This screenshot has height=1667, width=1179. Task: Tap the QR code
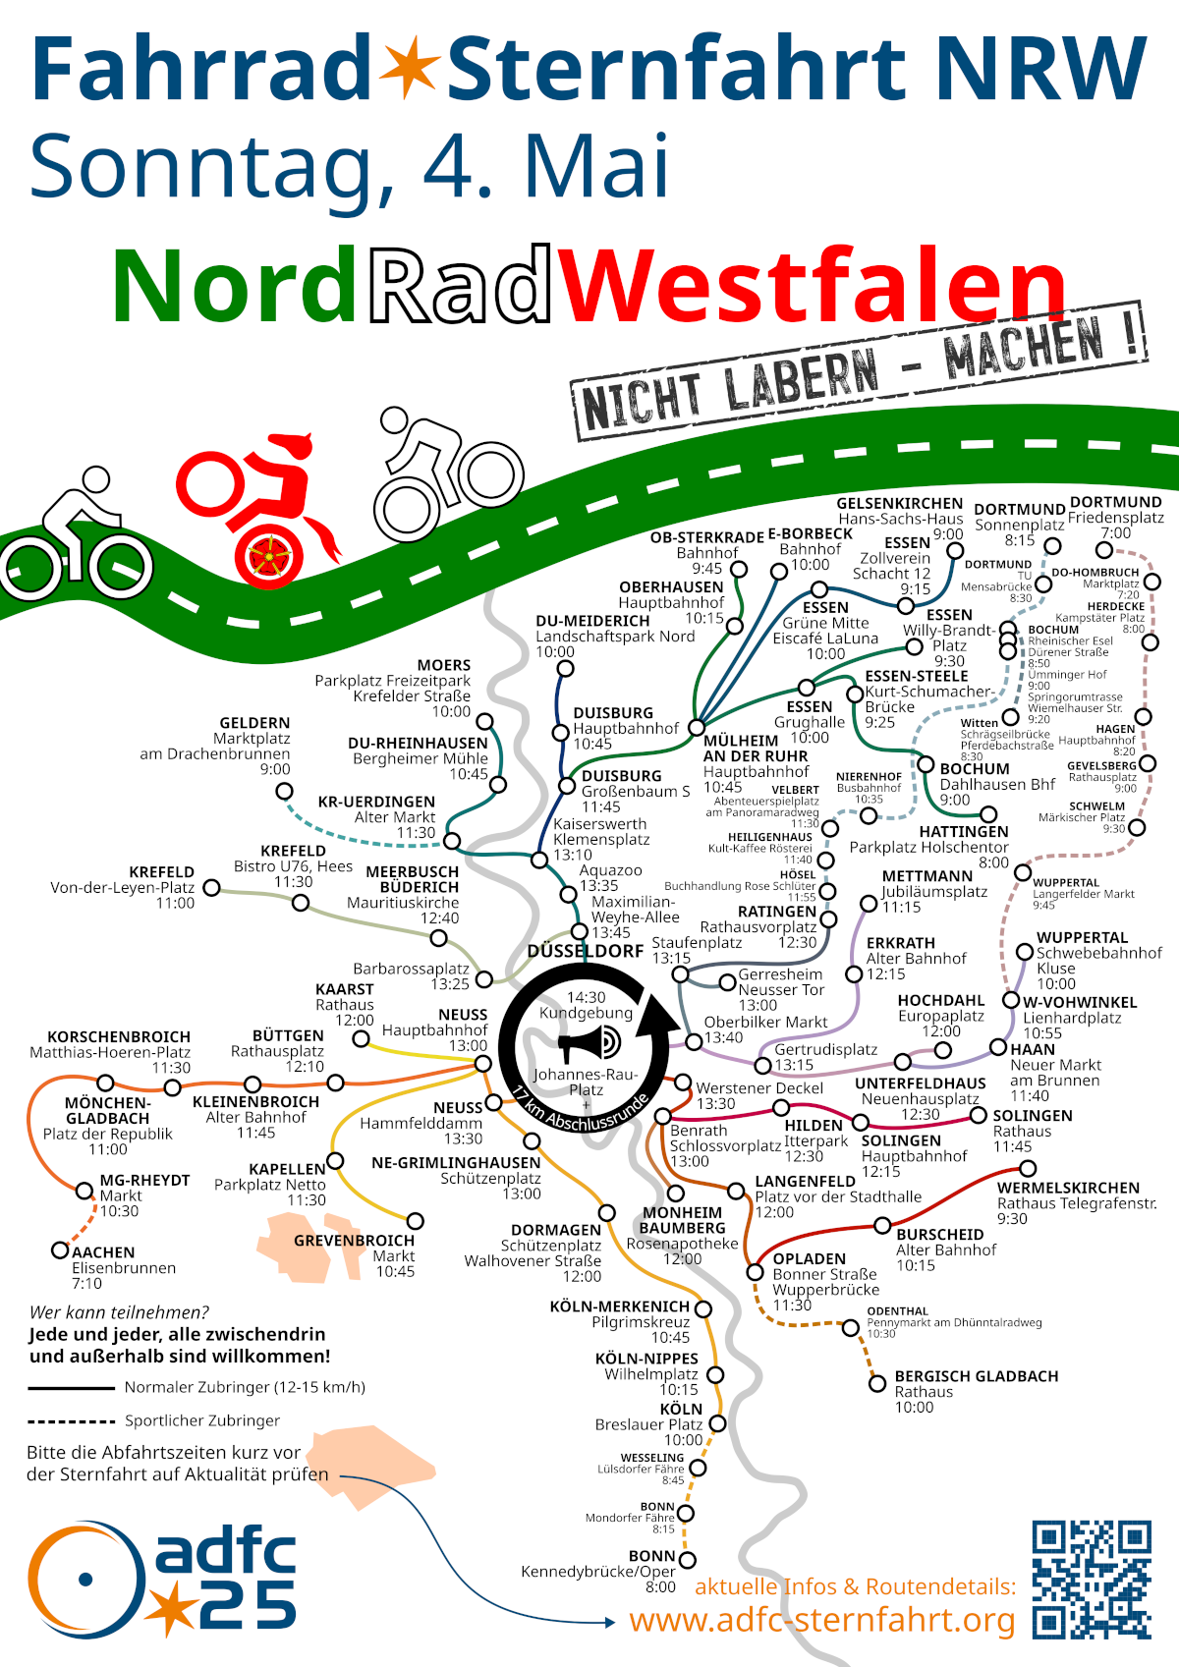(x=1091, y=1579)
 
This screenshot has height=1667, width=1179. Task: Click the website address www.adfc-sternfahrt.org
(x=821, y=1620)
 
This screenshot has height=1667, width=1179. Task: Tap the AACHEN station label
(x=103, y=1252)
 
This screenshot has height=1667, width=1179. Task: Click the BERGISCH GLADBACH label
(x=976, y=1376)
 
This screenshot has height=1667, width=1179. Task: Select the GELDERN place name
(x=254, y=723)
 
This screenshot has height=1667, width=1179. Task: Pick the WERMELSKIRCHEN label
(x=1068, y=1188)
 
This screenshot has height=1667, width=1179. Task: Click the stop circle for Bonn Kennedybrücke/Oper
(x=688, y=1560)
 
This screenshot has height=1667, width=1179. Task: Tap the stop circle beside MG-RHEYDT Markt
(x=85, y=1191)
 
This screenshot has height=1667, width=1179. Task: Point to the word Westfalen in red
(x=813, y=286)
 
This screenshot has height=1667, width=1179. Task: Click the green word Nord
(x=234, y=286)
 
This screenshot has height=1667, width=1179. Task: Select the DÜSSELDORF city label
(x=586, y=951)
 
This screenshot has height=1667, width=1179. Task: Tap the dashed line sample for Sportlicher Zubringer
(x=72, y=1421)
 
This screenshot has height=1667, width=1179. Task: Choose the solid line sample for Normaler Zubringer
(x=72, y=1388)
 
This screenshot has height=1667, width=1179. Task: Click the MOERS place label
(x=444, y=665)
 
